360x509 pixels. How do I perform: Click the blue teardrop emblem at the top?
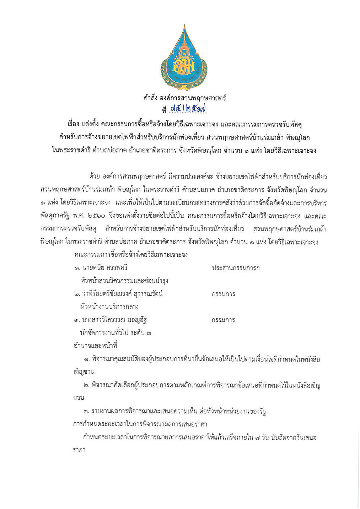click(184, 58)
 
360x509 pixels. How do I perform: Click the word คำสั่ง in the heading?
click(151, 98)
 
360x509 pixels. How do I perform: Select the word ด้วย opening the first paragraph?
click(95, 177)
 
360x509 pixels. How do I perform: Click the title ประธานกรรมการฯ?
click(235, 268)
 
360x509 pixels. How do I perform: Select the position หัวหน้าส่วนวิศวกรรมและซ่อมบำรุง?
click(124, 281)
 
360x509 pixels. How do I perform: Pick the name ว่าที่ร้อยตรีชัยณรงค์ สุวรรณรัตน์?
click(122, 294)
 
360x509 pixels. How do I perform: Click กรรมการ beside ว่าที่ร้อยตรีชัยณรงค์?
click(223, 294)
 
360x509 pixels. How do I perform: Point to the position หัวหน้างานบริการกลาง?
click(109, 307)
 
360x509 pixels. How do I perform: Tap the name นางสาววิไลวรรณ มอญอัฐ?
click(114, 320)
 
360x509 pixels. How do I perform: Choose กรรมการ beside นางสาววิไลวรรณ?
click(223, 320)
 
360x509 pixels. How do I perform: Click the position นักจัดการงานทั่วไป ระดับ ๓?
click(115, 333)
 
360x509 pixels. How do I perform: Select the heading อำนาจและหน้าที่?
click(95, 346)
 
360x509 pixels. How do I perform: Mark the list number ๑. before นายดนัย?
click(77, 268)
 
